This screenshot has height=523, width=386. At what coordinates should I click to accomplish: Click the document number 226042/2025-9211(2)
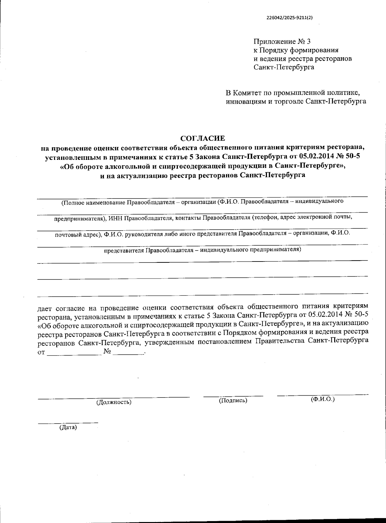289,18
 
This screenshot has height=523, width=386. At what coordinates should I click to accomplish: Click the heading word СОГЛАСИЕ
203,139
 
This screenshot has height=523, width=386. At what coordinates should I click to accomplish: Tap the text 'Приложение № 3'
282,41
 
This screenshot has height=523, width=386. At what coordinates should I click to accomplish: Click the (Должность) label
114,402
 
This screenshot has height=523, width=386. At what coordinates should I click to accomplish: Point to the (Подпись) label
233,400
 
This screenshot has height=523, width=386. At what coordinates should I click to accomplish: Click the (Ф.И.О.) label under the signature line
323,399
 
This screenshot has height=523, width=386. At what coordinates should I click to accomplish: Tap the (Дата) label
68,427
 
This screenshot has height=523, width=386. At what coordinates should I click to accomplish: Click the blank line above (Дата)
68,422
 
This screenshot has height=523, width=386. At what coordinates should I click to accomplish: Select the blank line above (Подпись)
233,395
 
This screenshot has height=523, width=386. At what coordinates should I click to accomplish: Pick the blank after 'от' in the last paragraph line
74,354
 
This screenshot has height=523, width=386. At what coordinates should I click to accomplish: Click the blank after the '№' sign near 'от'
129,354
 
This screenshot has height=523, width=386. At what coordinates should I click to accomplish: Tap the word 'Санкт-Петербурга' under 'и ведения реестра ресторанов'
284,67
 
